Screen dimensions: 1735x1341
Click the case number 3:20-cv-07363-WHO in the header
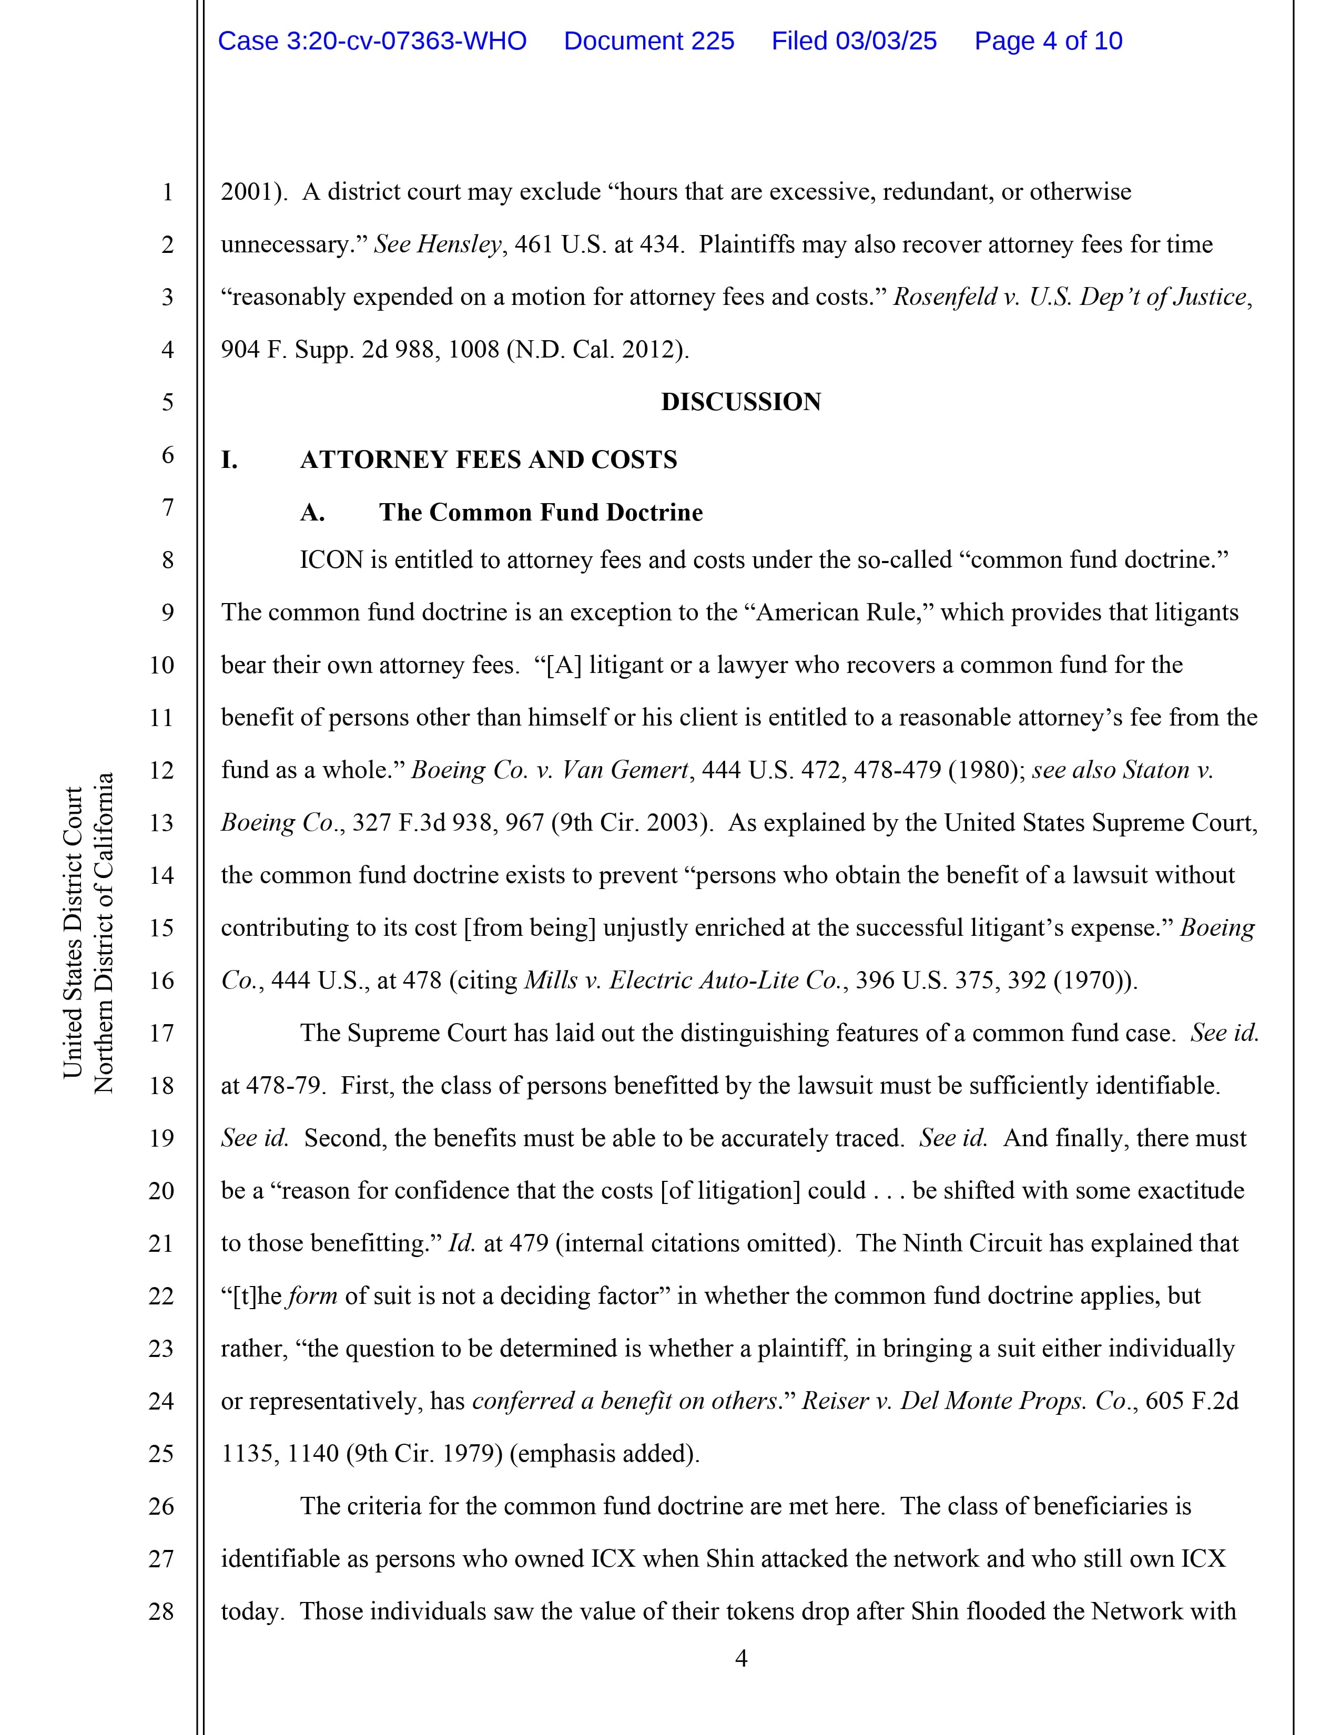pyautogui.click(x=372, y=42)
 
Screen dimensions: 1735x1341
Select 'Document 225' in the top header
pyautogui.click(x=648, y=42)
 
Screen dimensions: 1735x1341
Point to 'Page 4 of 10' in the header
pyautogui.click(x=1048, y=42)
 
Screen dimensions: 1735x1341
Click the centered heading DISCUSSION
pyautogui.click(x=740, y=402)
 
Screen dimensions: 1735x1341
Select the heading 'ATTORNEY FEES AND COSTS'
pyautogui.click(x=488, y=460)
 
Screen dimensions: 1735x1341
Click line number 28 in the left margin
pyautogui.click(x=161, y=1611)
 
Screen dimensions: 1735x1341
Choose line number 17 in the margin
pyautogui.click(x=161, y=1033)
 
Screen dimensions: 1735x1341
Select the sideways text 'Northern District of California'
pyautogui.click(x=104, y=933)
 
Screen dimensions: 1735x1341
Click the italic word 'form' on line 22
pyautogui.click(x=312, y=1295)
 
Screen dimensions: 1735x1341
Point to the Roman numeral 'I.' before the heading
pyautogui.click(x=229, y=460)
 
